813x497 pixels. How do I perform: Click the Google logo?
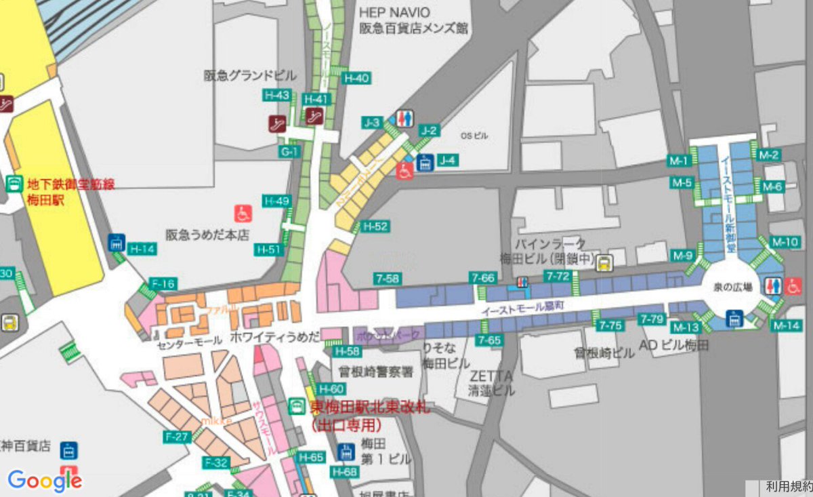[45, 481]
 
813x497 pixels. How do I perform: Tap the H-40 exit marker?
[356, 78]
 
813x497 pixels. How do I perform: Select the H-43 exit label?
[277, 96]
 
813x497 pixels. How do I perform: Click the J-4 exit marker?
[448, 161]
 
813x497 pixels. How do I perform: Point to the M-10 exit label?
[786, 242]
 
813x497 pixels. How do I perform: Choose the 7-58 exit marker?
[387, 278]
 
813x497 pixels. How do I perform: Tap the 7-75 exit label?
[610, 326]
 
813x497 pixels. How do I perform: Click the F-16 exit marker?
[163, 283]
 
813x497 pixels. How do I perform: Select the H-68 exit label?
[345, 471]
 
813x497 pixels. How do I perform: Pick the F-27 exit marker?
[177, 437]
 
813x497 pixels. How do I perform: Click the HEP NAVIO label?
[394, 12]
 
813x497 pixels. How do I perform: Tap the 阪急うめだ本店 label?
[207, 235]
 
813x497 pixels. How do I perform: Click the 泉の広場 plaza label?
[733, 287]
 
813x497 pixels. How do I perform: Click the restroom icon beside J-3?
[404, 118]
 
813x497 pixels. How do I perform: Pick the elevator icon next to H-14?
[117, 242]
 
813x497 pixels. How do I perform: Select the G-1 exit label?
[289, 152]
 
